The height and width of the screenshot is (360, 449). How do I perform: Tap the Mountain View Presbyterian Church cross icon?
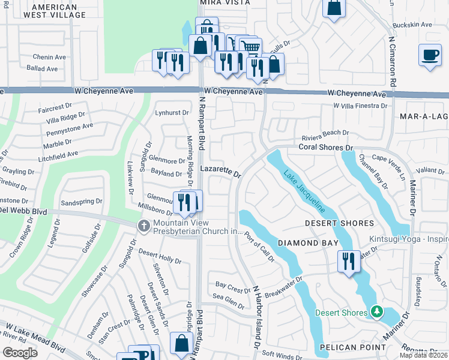143,226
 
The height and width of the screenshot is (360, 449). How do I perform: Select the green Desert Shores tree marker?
376,311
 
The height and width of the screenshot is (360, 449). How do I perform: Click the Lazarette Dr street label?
220,172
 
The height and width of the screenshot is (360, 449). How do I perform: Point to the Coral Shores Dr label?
324,147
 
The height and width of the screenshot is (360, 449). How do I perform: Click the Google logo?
19,353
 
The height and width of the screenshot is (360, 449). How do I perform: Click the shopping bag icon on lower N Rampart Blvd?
181,344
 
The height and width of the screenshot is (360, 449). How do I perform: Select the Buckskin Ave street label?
412,25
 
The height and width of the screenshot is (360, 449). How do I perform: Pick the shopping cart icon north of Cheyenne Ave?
251,47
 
